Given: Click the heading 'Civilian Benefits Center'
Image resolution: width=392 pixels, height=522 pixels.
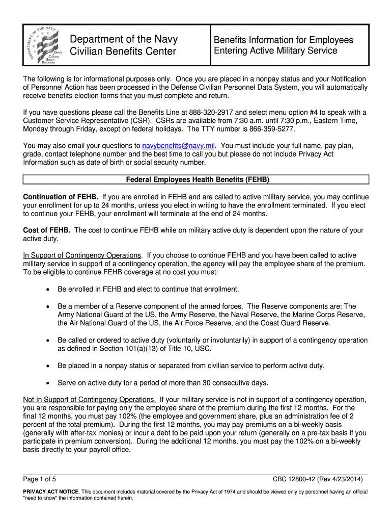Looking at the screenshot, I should [123, 51].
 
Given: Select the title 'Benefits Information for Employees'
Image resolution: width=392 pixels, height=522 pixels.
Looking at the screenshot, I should [283, 40].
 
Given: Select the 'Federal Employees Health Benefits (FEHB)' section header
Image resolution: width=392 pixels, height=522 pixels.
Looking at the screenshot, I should [197, 179].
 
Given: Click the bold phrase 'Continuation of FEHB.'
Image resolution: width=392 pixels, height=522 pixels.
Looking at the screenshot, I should [61, 197].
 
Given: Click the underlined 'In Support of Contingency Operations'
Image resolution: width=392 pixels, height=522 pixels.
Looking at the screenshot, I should [82, 255].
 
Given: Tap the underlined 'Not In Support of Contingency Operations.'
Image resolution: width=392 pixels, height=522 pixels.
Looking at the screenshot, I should [90, 400].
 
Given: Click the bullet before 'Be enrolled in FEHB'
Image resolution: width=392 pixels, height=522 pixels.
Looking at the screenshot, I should [47, 290].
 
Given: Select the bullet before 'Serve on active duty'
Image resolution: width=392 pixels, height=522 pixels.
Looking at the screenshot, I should [47, 383].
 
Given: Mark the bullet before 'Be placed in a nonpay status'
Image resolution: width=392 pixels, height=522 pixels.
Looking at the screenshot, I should [47, 366].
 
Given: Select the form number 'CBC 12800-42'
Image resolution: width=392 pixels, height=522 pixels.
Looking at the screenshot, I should [295, 479].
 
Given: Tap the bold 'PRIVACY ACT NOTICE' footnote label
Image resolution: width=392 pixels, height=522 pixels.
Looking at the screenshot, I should [51, 492].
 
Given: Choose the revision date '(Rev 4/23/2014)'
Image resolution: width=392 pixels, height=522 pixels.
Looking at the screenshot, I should [343, 479].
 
